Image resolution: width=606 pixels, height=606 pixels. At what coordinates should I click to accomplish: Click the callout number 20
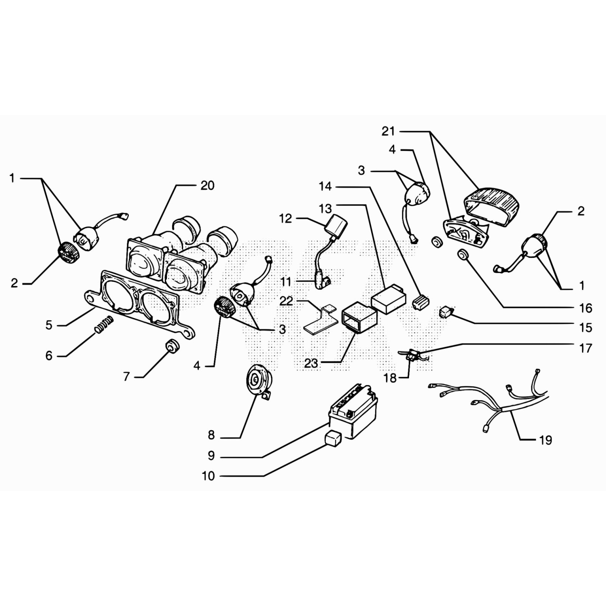pos(207,186)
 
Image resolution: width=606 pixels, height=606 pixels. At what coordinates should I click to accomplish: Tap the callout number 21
pos(388,131)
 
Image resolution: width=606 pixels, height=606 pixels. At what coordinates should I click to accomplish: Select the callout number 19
pos(545,440)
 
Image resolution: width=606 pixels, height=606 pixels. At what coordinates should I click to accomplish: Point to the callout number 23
pos(311,363)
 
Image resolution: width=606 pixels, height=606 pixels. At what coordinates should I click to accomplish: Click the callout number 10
pos(208,476)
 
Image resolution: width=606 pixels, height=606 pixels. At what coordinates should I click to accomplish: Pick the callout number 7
pos(127,376)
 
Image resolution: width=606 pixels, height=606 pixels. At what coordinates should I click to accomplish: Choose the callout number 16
pos(586,308)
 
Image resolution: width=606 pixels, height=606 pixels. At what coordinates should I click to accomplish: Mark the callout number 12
pos(286,219)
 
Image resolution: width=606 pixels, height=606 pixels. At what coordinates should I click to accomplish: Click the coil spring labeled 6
pos(104,325)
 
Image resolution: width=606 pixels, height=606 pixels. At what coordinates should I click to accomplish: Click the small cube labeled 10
pos(333,439)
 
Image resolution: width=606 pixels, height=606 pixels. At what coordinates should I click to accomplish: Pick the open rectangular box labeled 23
pos(359,320)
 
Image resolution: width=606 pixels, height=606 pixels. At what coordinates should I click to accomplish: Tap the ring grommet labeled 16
pos(462,255)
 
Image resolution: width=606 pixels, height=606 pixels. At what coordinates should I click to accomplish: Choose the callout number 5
pos(49,325)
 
